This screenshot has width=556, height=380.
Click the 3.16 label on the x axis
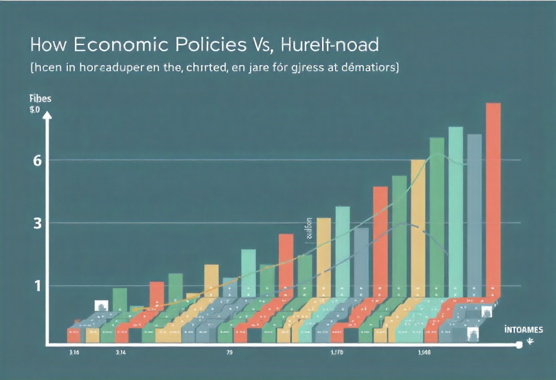[73, 353]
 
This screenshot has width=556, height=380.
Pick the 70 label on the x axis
[230, 353]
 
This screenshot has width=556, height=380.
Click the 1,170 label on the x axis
[337, 353]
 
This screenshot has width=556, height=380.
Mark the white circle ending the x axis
[519, 345]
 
